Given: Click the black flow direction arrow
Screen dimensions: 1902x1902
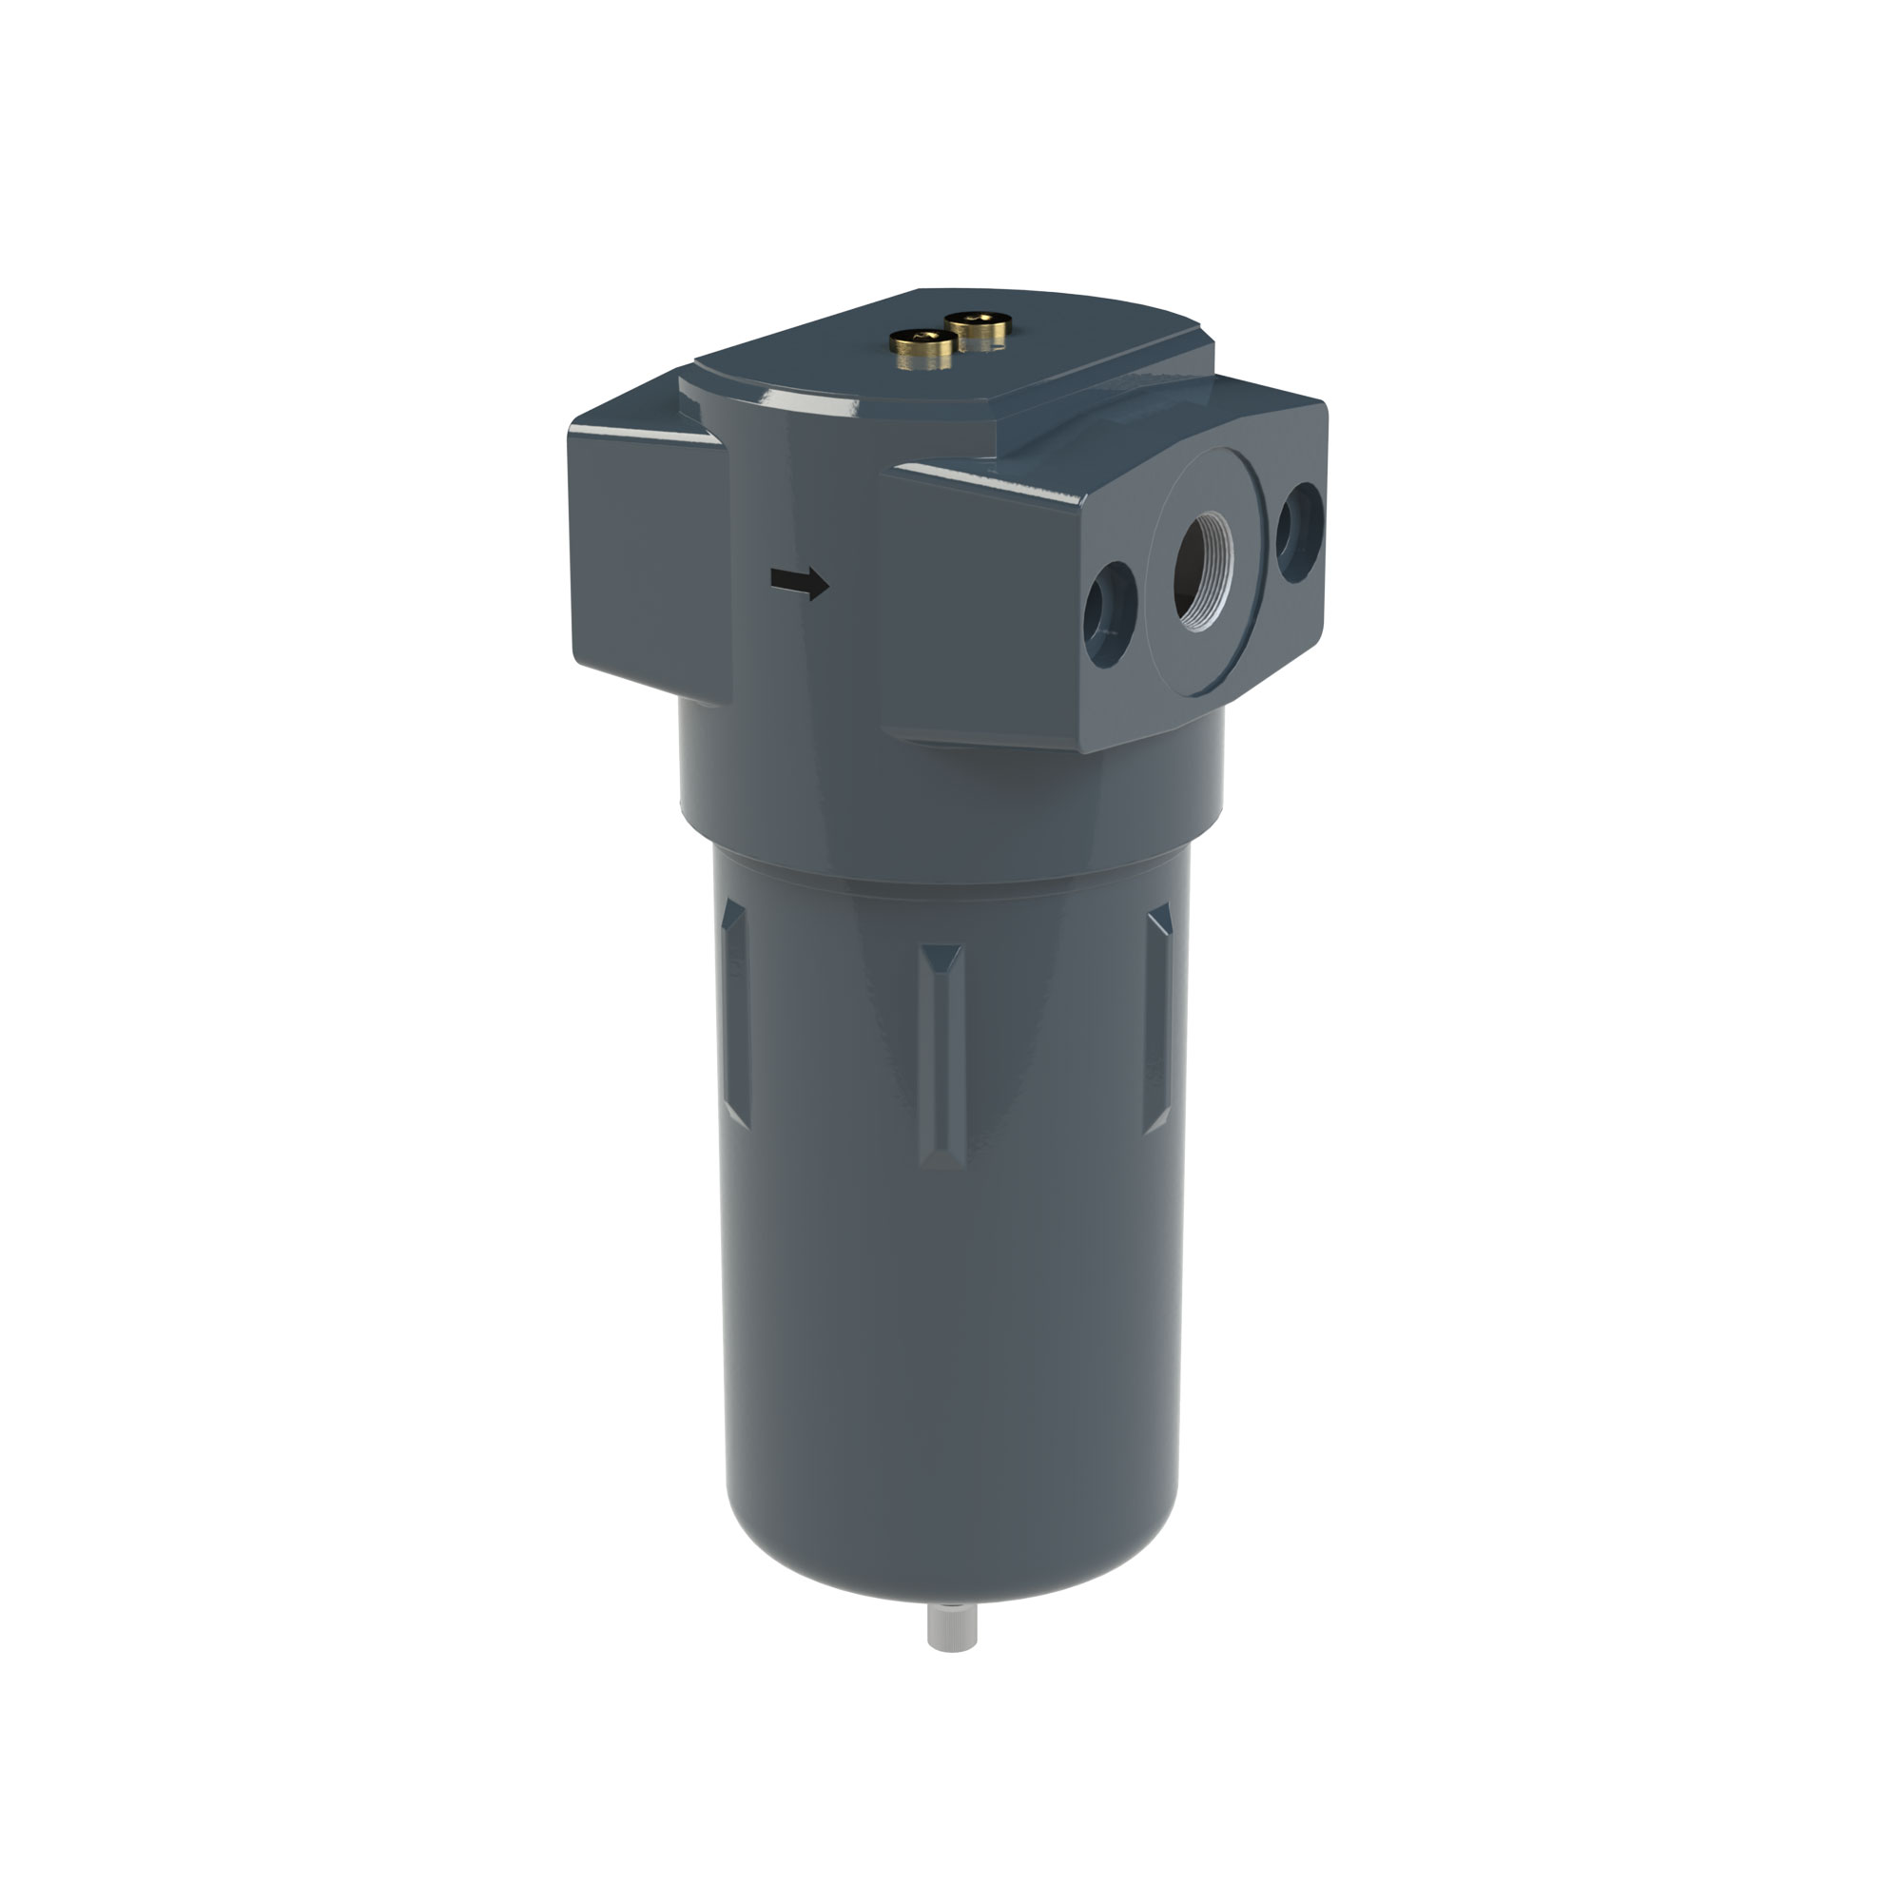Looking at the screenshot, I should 799,583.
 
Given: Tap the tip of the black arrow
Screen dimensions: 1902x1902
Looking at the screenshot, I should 827,588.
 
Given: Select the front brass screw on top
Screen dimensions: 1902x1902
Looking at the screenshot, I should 922,347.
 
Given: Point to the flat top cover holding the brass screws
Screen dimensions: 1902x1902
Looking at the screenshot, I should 945,364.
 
